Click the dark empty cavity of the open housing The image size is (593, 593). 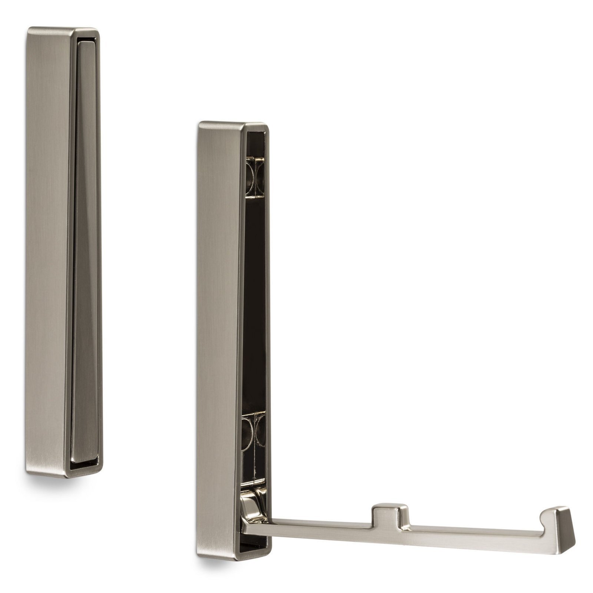click(256, 296)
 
